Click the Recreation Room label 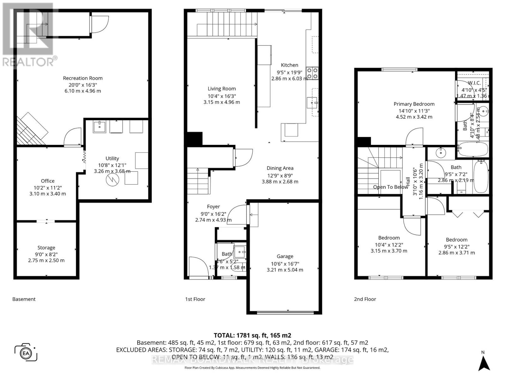click(83, 78)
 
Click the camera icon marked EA click(26, 352)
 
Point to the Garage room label click(285, 256)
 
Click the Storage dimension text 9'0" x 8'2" click(46, 254)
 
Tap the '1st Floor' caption click(195, 299)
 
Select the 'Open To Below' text click(390, 187)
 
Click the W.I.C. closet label click(474, 83)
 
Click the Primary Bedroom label click(414, 104)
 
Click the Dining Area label click(280, 168)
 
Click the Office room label click(48, 181)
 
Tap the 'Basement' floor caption click(24, 299)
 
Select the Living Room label click(222, 89)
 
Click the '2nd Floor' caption click(365, 299)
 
